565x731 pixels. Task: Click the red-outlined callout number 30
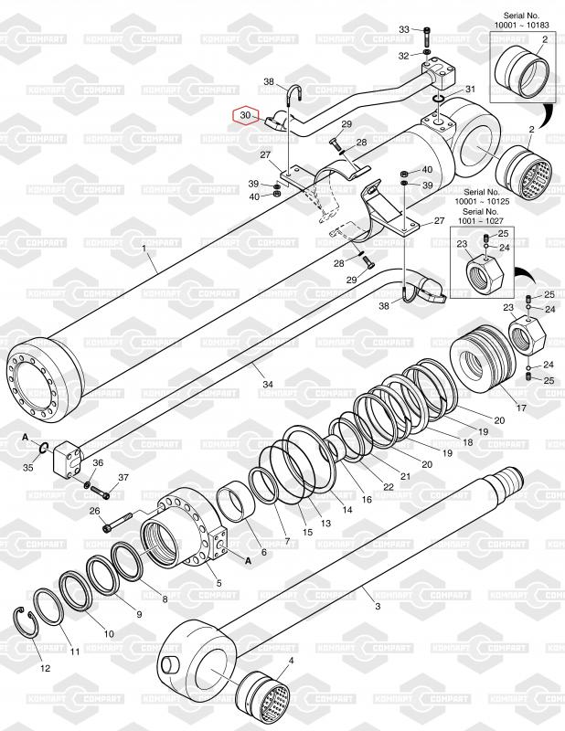pos(244,116)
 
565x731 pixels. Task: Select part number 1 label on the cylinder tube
pos(144,246)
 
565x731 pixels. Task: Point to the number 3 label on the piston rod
pos(377,605)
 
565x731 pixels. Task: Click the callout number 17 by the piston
pos(522,407)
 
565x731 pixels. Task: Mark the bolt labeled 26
pos(113,526)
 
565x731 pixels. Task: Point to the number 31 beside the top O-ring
pos(470,89)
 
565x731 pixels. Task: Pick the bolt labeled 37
pos(101,494)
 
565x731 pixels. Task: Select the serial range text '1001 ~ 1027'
pos(481,220)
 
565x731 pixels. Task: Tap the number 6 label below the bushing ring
pos(264,552)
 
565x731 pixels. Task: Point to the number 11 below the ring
pos(76,651)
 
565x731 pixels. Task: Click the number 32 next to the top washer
pos(403,56)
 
